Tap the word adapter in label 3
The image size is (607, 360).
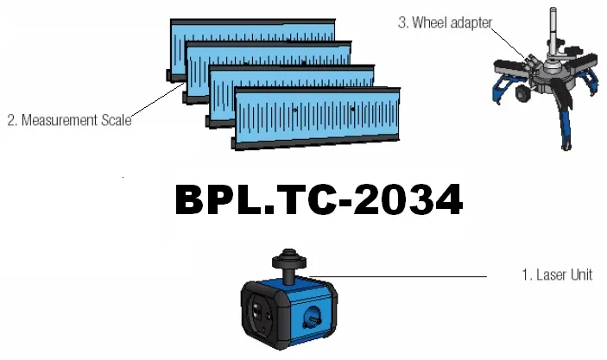pos(471,23)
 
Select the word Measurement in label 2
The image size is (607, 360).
pos(60,120)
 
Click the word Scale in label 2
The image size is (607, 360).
pos(117,120)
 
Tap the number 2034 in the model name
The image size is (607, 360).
pos(408,199)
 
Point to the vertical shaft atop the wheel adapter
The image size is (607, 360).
pos(553,32)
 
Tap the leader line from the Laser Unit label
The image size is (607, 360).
pos(398,277)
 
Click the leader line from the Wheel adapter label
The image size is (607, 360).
pos(509,42)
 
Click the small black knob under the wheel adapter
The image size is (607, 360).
pos(522,93)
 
